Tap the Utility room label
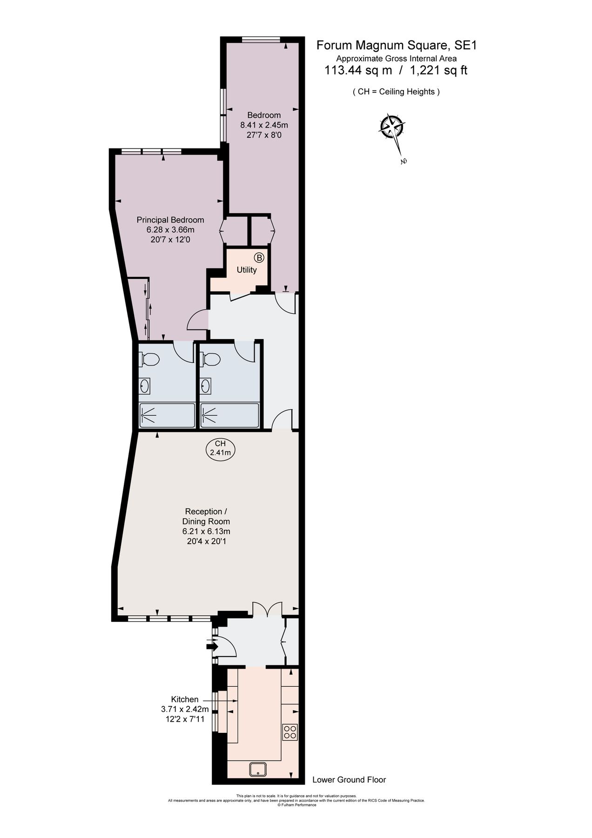(x=247, y=270)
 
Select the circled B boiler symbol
(x=259, y=257)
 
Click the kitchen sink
(x=257, y=769)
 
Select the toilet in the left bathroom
(x=149, y=359)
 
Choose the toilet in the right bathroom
(x=210, y=359)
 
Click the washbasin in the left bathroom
(x=145, y=386)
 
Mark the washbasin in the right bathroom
(x=205, y=385)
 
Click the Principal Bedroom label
(x=170, y=220)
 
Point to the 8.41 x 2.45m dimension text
(x=264, y=125)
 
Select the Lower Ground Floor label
(x=349, y=780)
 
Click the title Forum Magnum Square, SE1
(x=397, y=46)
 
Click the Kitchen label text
(x=185, y=699)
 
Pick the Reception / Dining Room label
(x=206, y=516)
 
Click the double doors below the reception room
(x=268, y=609)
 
